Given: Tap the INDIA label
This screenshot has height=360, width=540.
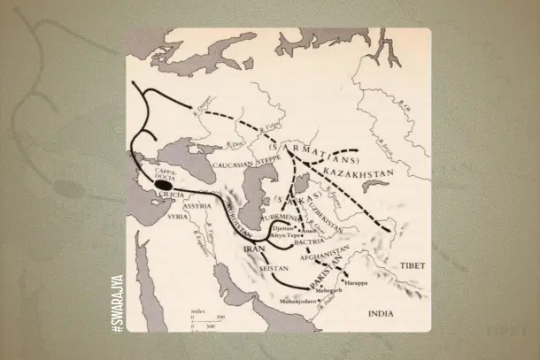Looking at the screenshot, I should point(386,313).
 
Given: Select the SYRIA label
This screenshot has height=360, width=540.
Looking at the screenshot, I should point(177,217).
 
